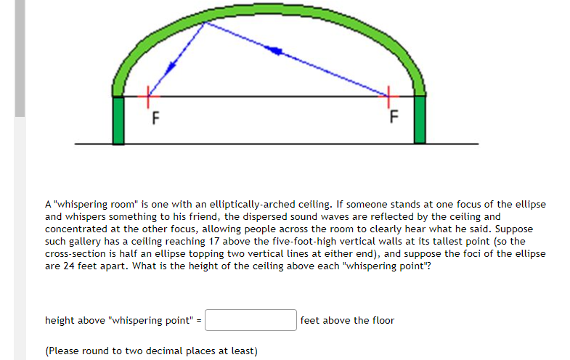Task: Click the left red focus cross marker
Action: coord(149,93)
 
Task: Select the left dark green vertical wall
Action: coord(118,120)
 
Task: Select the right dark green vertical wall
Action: coord(419,120)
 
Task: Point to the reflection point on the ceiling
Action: coord(205,22)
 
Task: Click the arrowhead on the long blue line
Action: coord(274,50)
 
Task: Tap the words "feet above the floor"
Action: coord(347,320)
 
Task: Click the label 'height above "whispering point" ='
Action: coord(123,320)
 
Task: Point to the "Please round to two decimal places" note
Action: coord(151,351)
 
